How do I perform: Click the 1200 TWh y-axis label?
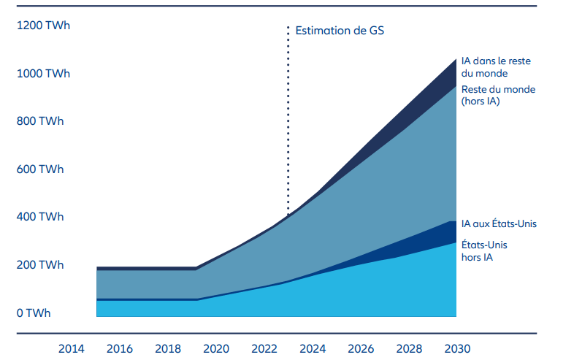(44, 26)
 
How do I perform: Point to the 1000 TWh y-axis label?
(44, 74)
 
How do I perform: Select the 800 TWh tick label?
(40, 121)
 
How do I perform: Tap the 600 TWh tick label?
(40, 169)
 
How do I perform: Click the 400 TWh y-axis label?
(40, 217)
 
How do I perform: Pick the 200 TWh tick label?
(40, 265)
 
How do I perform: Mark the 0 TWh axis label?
(34, 313)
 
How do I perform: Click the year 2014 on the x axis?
(72, 348)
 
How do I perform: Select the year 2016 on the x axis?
(120, 348)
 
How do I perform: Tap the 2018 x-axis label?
(168, 348)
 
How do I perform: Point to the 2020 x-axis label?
(216, 348)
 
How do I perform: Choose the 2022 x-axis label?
(264, 348)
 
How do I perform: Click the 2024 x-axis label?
(313, 348)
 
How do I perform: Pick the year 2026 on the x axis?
(361, 348)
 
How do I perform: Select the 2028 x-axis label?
(409, 348)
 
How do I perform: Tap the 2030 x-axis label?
(457, 348)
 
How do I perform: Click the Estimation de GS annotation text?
(340, 31)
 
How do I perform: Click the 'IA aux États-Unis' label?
(504, 223)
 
